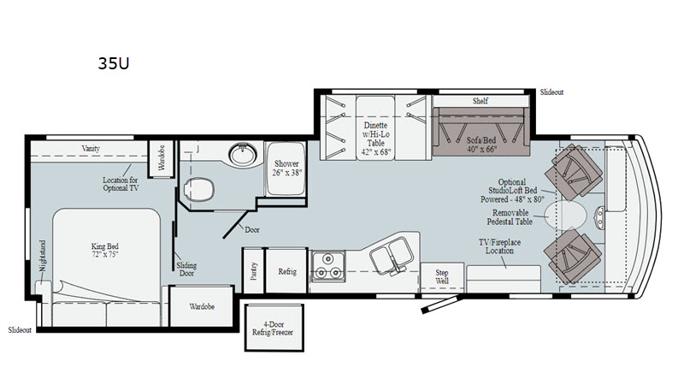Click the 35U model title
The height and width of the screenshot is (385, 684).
[x=114, y=63]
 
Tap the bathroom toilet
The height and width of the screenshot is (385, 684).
[x=199, y=189]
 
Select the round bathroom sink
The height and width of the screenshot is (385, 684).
[x=243, y=154]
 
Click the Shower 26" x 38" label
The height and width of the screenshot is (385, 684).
[x=286, y=168]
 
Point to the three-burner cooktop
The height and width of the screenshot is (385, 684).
[x=328, y=266]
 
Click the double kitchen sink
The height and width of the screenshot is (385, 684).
[x=392, y=255]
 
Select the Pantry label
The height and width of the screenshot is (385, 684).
[x=254, y=270]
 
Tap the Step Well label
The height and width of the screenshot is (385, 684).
[x=442, y=276]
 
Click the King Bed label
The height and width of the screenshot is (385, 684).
[x=104, y=250]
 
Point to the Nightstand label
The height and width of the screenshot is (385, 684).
[x=42, y=256]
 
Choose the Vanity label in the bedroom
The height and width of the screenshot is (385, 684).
[x=91, y=148]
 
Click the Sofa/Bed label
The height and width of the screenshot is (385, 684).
[x=481, y=145]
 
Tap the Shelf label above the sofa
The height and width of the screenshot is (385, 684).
[x=481, y=101]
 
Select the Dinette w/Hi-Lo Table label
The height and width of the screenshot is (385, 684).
[x=376, y=139]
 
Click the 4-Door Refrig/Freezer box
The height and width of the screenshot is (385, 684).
[x=274, y=329]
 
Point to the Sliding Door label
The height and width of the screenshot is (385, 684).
[x=186, y=269]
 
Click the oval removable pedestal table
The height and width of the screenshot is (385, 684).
[x=565, y=216]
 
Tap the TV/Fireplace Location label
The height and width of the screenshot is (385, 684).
[x=499, y=246]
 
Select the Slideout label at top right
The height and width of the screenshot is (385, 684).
[x=551, y=92]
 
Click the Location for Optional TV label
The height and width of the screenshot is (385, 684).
[x=121, y=184]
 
